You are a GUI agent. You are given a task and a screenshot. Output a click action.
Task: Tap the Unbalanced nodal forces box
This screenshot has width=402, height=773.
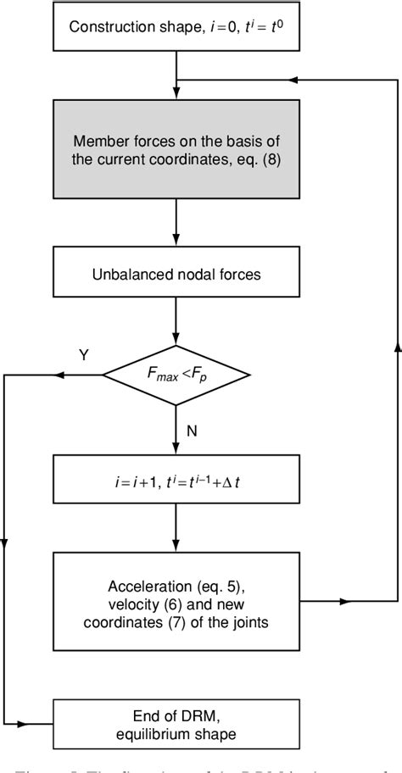[176, 275]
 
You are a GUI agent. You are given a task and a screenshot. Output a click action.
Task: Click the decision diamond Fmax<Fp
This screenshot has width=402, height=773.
[176, 374]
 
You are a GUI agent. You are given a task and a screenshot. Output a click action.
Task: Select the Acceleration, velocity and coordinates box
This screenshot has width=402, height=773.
[176, 602]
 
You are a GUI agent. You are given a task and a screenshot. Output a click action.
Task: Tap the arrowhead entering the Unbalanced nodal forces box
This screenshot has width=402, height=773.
[176, 242]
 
